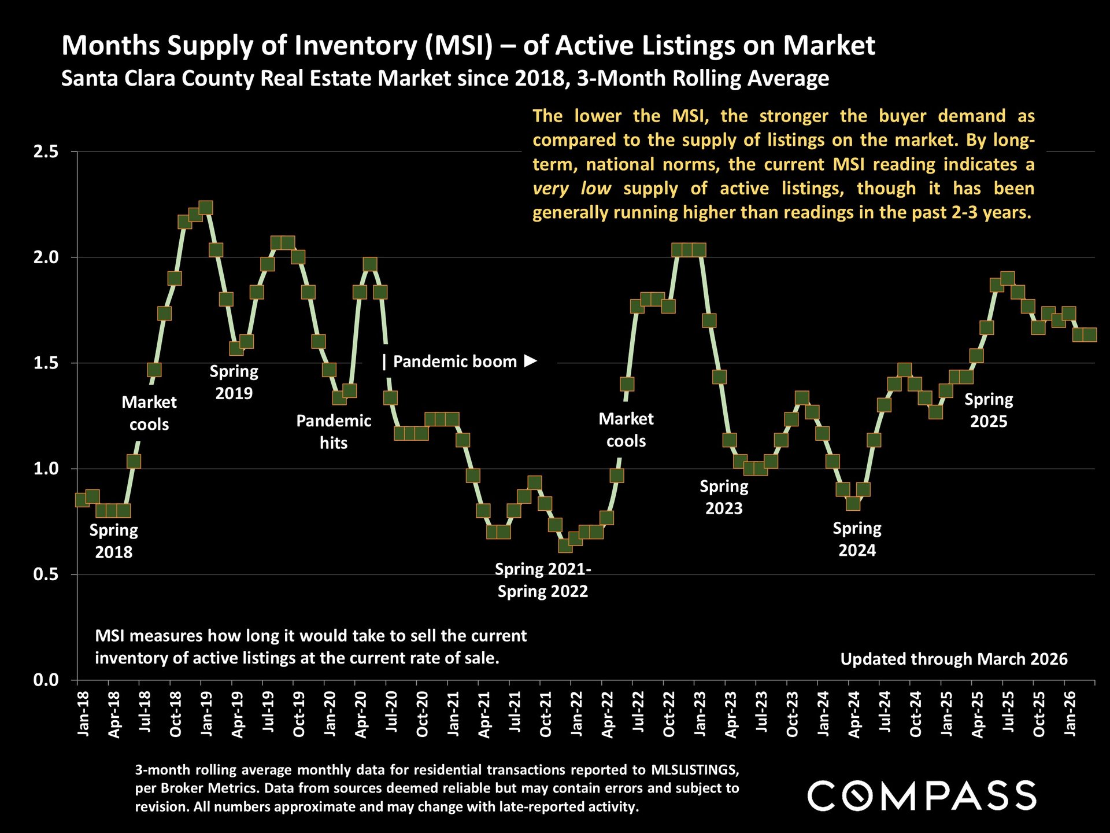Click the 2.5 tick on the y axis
(x=46, y=152)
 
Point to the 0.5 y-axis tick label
(x=46, y=574)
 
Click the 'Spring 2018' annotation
(x=114, y=541)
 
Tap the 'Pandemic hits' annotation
(x=334, y=432)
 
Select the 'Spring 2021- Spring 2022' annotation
(x=543, y=580)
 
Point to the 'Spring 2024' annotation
(x=857, y=539)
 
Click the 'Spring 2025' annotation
(x=989, y=410)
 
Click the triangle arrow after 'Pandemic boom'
(x=530, y=361)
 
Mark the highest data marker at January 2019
(x=206, y=208)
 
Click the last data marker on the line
(x=1090, y=334)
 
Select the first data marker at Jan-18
(x=82, y=499)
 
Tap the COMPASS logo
(x=922, y=795)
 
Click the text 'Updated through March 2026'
(x=953, y=659)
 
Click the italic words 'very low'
(x=572, y=189)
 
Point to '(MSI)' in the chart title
(x=459, y=46)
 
